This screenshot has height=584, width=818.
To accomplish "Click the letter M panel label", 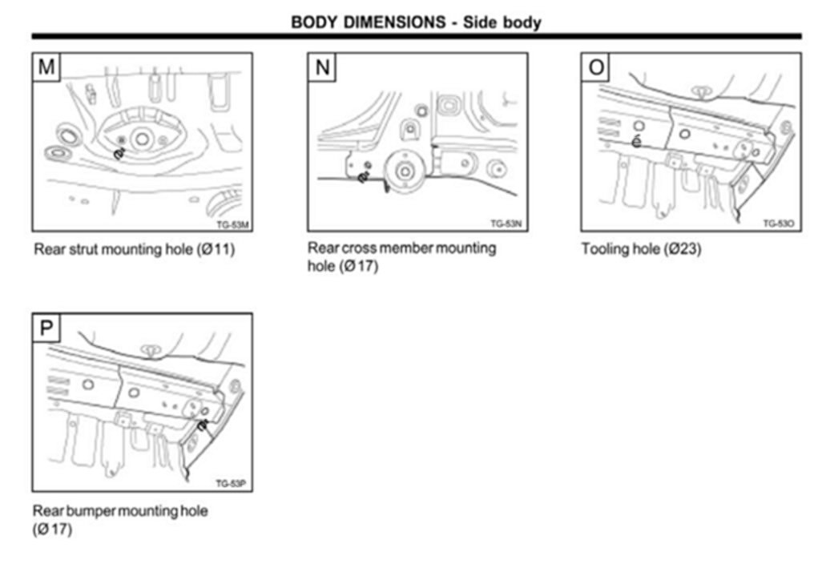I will [x=47, y=67].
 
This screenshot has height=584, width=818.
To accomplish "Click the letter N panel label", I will [x=322, y=67].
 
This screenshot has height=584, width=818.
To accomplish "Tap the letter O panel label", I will [x=596, y=67].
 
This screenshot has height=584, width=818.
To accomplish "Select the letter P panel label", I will [x=47, y=328].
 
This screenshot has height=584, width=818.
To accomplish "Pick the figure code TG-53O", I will [x=778, y=224].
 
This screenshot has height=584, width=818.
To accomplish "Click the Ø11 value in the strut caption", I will [x=217, y=249].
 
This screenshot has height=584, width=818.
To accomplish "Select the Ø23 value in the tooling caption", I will [x=685, y=249].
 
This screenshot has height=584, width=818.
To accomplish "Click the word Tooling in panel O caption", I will [x=605, y=249].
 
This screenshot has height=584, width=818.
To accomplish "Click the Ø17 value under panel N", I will [x=362, y=266].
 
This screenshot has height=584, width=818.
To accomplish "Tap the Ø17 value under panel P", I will [x=54, y=529].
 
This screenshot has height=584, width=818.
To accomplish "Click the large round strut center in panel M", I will [x=142, y=139].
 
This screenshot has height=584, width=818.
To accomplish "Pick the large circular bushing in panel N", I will [x=405, y=171].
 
